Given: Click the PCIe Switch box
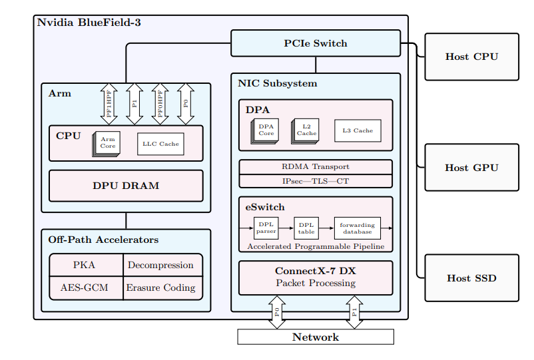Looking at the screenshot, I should coord(316,43).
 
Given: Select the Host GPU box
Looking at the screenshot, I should coord(471,168).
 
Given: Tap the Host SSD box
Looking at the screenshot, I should coord(471,277).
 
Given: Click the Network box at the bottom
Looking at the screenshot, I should coord(316,337).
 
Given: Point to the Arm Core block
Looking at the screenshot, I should coord(107,142).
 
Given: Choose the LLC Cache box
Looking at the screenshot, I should coord(160,144).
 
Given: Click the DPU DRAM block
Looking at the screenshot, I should coord(126,186).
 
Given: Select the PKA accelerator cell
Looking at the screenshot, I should coord(85,265).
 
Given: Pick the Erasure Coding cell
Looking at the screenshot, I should coord(161,287).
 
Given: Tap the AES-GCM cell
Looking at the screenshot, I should coord(85,287).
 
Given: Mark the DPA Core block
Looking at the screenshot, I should coord(266,130).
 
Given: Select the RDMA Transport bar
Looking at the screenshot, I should coord(316,166).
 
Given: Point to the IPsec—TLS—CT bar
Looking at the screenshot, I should coord(316,180).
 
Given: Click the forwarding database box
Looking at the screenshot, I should coord(358,228).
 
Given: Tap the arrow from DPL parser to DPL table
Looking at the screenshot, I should coord(286,228).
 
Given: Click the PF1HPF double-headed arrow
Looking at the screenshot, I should coord(109,104).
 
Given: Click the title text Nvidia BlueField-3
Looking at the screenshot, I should coord(89,23).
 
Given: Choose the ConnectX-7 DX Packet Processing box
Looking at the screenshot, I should coord(316,277).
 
